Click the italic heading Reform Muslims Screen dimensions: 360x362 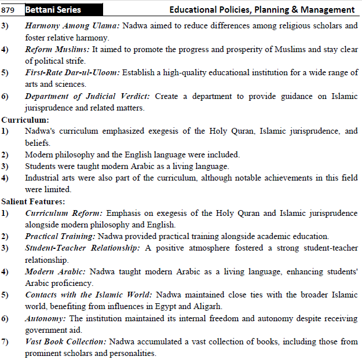[57, 50]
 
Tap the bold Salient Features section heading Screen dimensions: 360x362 [33, 201]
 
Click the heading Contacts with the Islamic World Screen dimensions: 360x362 [89, 295]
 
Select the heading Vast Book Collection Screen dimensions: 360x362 [66, 341]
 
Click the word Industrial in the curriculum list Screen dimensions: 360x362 [42, 178]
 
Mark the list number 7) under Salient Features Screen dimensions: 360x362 [5, 341]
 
